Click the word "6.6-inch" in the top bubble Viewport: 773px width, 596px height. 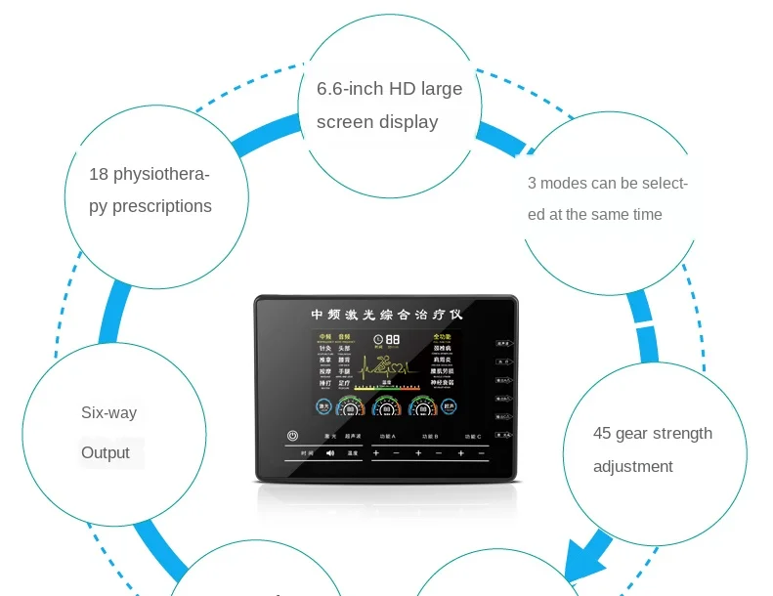pyautogui.click(x=349, y=89)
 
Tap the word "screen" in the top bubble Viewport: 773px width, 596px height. pyautogui.click(x=345, y=122)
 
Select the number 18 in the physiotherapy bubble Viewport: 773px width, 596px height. pyautogui.click(x=99, y=174)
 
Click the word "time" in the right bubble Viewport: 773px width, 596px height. pyautogui.click(x=646, y=214)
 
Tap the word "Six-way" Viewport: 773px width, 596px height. pyautogui.click(x=108, y=413)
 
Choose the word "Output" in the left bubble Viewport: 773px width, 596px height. pyautogui.click(x=106, y=452)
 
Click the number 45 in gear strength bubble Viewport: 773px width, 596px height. pyautogui.click(x=603, y=433)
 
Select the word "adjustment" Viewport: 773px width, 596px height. pyautogui.click(x=633, y=466)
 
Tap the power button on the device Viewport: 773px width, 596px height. pyautogui.click(x=292, y=436)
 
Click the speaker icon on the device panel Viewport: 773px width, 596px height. pyautogui.click(x=330, y=453)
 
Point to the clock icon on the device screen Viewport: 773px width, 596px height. pyautogui.click(x=378, y=340)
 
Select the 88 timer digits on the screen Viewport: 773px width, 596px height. pyautogui.click(x=393, y=339)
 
